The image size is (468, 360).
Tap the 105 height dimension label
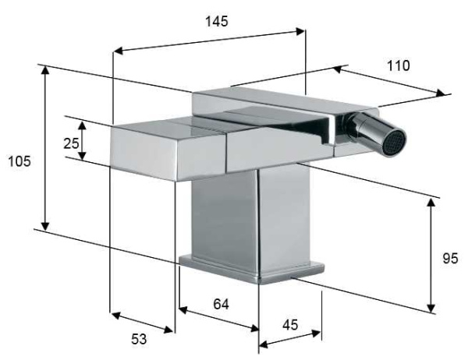click(19, 161)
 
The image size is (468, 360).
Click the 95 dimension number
click(451, 259)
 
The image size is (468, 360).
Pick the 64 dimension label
click(221, 303)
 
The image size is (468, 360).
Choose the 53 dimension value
click(138, 338)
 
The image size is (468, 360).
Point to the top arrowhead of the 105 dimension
click(46, 69)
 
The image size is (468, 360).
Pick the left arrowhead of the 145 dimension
click(117, 52)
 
